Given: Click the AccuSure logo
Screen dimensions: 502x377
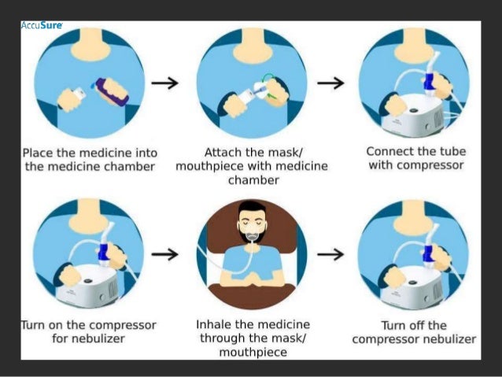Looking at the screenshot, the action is coord(42,25).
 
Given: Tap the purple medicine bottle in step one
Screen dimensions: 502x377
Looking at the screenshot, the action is coord(112,92).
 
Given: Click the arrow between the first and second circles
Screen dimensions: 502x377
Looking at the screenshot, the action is coord(164,83).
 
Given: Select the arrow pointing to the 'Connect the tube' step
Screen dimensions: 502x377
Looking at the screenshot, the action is coord(330,83).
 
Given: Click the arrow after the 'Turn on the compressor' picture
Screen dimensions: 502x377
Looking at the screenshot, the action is coord(164,255).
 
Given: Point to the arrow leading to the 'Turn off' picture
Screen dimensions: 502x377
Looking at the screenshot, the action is coord(330,255).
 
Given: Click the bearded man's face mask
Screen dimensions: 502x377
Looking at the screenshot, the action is coord(252,233).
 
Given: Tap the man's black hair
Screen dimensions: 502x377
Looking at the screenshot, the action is coord(252,208).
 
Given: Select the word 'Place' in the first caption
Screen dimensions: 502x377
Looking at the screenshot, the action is coord(39,153).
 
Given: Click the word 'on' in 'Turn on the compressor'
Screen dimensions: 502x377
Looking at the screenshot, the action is coord(55,325).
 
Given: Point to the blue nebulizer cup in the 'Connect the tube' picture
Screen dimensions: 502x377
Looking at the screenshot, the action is coord(428,83).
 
